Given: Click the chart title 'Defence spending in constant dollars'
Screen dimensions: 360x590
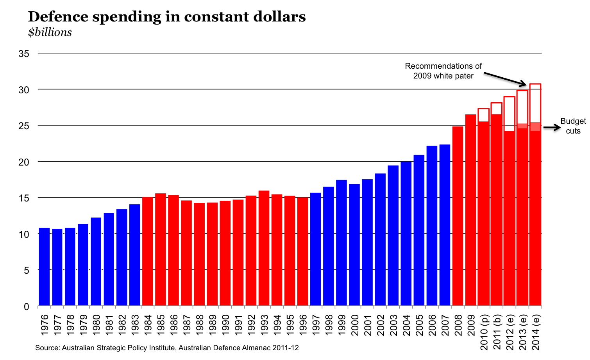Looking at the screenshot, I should [167, 17].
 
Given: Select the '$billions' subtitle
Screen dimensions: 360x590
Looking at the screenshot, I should [50, 32].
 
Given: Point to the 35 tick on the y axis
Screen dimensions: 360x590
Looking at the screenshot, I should [24, 53].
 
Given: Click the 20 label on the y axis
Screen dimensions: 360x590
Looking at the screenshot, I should [24, 162].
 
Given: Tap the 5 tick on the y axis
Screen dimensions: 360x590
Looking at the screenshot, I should [26, 270].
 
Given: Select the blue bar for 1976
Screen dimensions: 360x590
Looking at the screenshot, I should [44, 266].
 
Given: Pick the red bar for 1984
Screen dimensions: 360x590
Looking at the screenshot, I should [148, 251].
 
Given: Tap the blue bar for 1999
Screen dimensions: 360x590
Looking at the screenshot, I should [341, 242].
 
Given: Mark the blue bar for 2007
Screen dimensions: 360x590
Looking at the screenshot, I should [445, 225].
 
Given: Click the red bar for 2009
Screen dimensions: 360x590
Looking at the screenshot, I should [470, 210].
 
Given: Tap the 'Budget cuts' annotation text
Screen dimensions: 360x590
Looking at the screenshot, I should [573, 126].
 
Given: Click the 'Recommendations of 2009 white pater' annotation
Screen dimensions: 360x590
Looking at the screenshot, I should [443, 71].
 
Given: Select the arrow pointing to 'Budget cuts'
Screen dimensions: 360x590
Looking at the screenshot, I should [551, 127].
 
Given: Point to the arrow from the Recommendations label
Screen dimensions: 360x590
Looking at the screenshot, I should [506, 78].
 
